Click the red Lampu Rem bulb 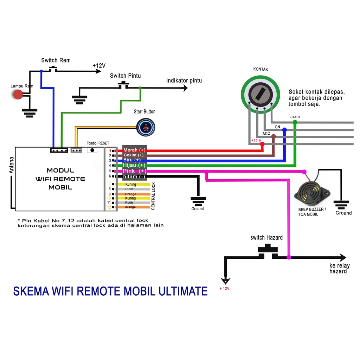coord(18,95)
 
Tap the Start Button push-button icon coord(146,127)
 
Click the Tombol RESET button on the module coord(92,150)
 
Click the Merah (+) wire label coord(134,150)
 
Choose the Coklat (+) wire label coord(134,155)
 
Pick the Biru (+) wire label coord(132,160)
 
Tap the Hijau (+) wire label coord(134,165)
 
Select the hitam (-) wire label coord(134,176)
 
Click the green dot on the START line coord(295,122)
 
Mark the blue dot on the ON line coord(284,130)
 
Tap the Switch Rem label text coord(56,60)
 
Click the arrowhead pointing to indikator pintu coord(185,88)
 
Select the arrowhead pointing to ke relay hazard coord(342,257)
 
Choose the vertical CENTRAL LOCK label coord(153,196)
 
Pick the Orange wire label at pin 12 coord(130,207)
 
